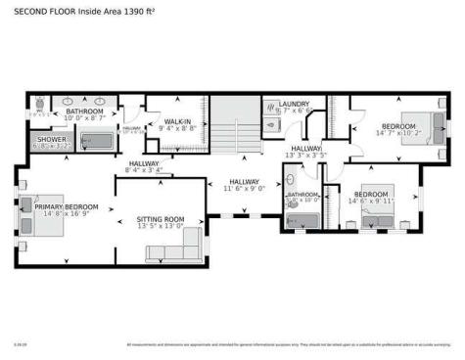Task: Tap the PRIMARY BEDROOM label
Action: pos(67,206)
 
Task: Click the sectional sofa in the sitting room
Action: pos(176,249)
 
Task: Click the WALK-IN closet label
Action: pos(177,121)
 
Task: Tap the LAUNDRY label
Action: pos(294,104)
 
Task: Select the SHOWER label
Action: pos(51,140)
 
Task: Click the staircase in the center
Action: pos(235,127)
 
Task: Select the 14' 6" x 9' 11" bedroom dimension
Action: pos(372,202)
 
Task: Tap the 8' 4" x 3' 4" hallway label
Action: pos(143,171)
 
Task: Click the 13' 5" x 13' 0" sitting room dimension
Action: pos(159,226)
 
